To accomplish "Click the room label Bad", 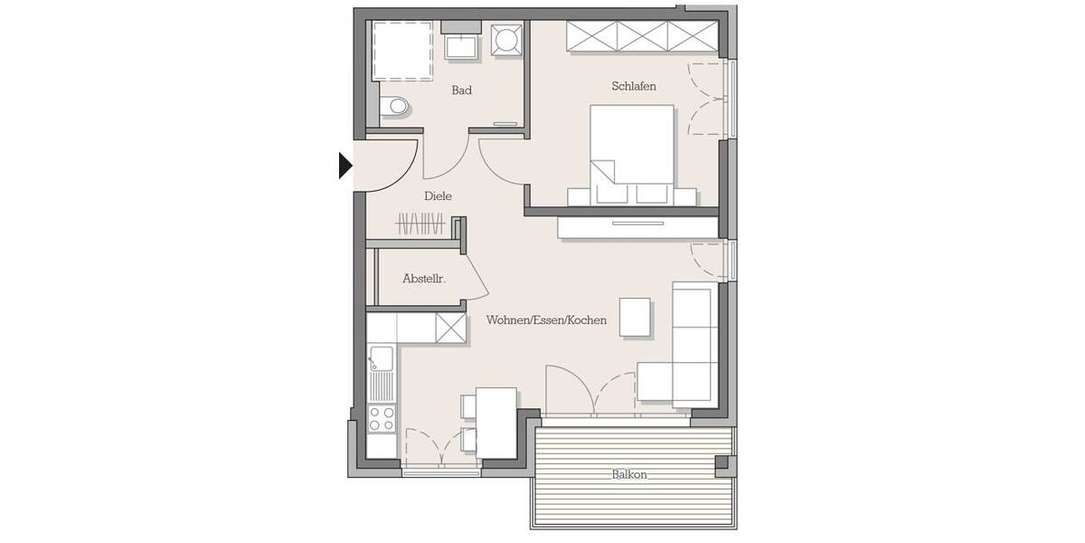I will point(461,90).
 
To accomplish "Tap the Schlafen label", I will point(633,86).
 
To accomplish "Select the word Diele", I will point(438,195).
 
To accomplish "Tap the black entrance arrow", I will point(344,166).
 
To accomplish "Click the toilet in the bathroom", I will point(394,107).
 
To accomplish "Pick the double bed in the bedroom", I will point(632,149).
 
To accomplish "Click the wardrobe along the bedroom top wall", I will point(641,36).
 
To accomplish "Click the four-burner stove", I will point(382,418).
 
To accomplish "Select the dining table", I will point(495,421).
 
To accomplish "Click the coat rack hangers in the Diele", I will point(420,223).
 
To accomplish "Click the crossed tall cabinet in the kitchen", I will point(449,327).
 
